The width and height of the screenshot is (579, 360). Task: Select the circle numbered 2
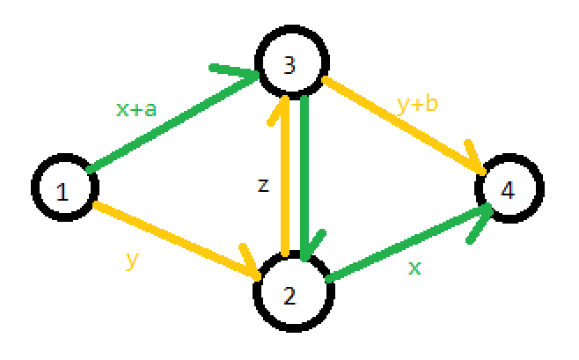tap(294, 291)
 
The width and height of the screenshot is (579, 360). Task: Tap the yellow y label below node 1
tap(133, 261)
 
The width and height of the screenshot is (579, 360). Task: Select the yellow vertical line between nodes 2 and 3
tap(284, 185)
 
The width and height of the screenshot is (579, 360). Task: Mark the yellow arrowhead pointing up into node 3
tap(284, 104)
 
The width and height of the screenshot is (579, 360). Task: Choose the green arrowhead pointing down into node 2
tap(305, 247)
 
